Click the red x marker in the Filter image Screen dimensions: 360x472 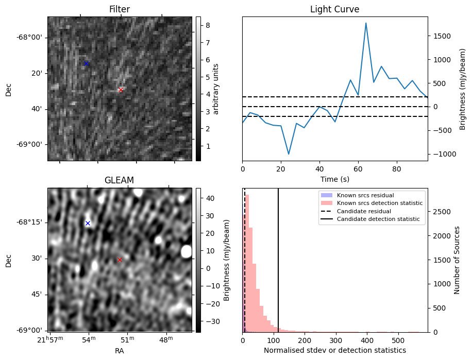tap(121, 90)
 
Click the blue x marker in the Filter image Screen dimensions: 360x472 tap(86, 63)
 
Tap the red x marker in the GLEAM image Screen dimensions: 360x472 tap(120, 260)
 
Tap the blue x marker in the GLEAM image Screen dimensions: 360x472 tap(88, 223)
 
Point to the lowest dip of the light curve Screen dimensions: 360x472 tap(289, 154)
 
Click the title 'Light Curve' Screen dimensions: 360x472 tap(334, 9)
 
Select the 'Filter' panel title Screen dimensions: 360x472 tap(120, 9)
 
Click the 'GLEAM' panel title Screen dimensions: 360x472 tap(119, 180)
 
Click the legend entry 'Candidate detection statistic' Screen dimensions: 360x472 tap(378, 219)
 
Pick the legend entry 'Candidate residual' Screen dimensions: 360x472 tap(364, 211)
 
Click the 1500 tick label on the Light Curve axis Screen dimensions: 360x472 tap(442, 36)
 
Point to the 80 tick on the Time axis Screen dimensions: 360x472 tap(397, 168)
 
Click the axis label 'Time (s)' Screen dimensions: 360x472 tap(334, 178)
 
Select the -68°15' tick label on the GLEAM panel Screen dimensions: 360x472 tap(29, 222)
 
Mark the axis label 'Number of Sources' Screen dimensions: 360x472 tap(457, 260)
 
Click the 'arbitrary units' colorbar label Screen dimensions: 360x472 tap(216, 89)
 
